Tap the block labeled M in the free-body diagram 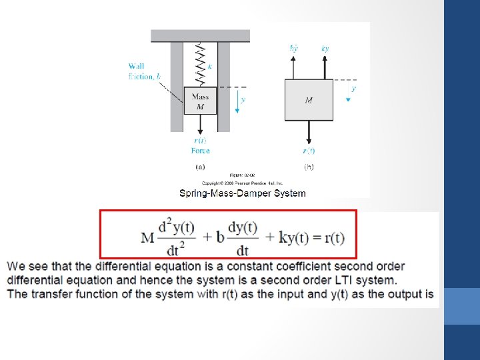click(309, 101)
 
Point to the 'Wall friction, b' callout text click(144, 71)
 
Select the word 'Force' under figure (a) click(200, 151)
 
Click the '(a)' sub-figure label click(200, 167)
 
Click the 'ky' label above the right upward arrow click(325, 49)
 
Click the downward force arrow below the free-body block click(309, 132)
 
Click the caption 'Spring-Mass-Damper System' click(243, 193)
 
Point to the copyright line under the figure click(243, 183)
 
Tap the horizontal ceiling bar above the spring click(200, 35)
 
